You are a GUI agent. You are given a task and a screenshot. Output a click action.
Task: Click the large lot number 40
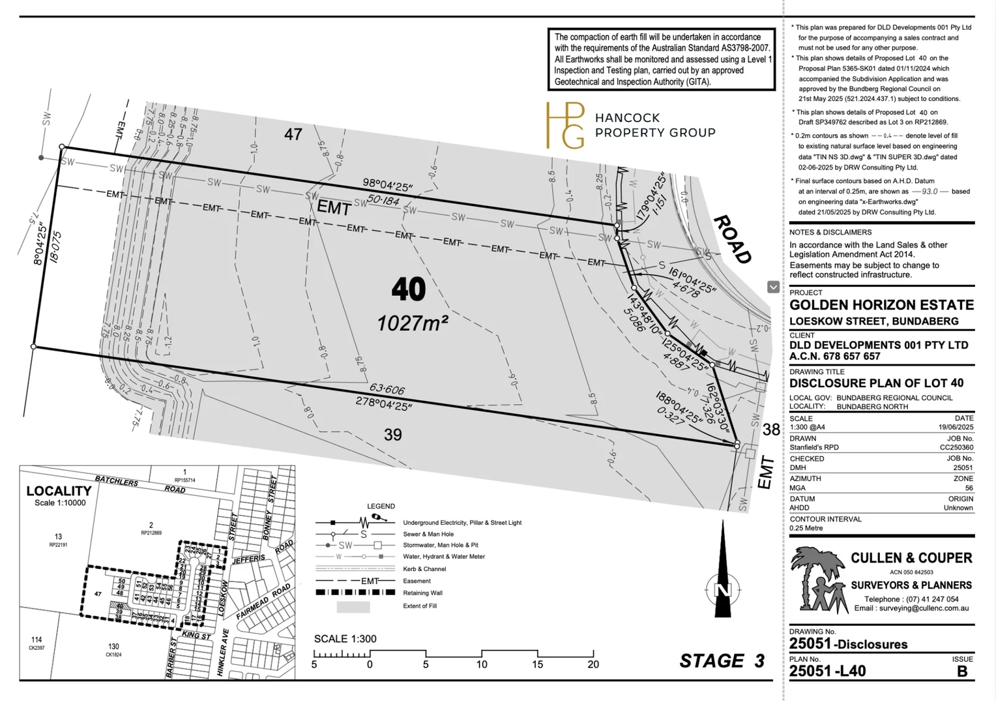[409, 289]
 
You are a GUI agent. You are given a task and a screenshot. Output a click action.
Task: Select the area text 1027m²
[412, 323]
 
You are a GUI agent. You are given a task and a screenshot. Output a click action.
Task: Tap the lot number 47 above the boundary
[293, 134]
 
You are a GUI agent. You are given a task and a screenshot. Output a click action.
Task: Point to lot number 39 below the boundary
[392, 435]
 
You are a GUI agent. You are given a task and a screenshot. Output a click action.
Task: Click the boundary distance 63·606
[387, 389]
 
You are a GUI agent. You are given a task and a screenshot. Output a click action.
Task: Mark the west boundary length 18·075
[55, 247]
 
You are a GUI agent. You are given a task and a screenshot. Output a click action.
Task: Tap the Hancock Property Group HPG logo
[565, 125]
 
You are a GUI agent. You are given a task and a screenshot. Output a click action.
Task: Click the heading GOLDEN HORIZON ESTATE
[881, 305]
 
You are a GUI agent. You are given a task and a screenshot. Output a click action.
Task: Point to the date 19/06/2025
[955, 428]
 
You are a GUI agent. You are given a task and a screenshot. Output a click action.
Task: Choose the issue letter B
[962, 671]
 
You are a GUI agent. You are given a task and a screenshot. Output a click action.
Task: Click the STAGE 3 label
[722, 661]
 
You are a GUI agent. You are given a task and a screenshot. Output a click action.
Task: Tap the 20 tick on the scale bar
[593, 664]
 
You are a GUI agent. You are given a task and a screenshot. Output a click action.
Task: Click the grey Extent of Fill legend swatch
[353, 607]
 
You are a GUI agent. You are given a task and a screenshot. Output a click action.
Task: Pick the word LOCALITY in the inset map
[59, 491]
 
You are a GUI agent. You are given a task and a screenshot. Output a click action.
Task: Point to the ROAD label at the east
[733, 239]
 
